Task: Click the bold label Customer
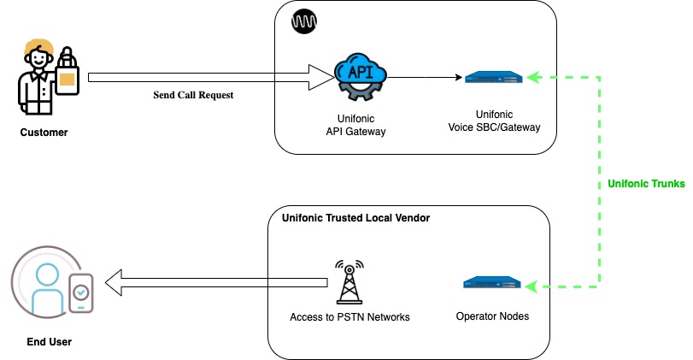[44, 133]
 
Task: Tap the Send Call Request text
[193, 95]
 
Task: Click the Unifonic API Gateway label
[355, 124]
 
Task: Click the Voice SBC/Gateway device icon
[492, 77]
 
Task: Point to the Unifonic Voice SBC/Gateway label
[495, 121]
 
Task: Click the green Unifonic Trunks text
[646, 184]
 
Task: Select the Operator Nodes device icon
[492, 283]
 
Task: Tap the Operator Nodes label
[493, 316]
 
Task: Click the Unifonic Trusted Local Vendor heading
[355, 218]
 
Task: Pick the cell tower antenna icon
[348, 281]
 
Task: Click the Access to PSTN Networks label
[349, 317]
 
